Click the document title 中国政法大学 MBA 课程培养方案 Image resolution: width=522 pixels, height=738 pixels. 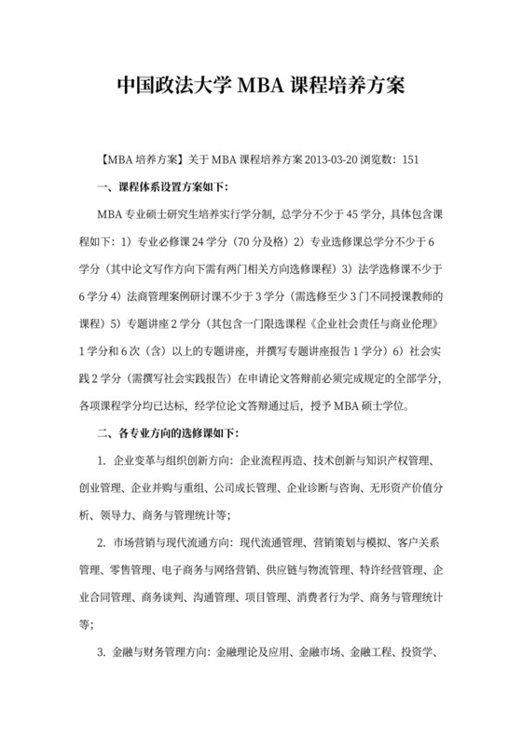click(260, 88)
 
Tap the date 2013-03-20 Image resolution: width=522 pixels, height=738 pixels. click(330, 158)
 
